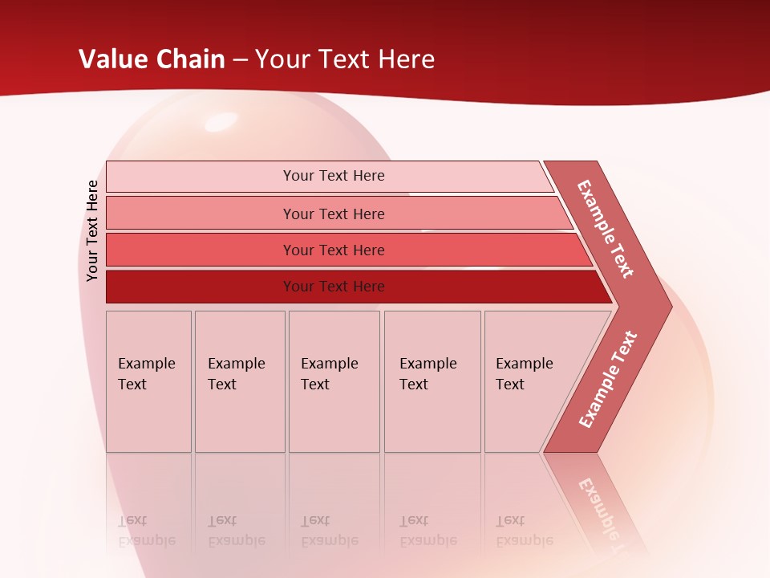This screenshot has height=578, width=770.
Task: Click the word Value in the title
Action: pyautogui.click(x=112, y=59)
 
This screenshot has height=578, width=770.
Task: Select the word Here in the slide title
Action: pyautogui.click(x=406, y=59)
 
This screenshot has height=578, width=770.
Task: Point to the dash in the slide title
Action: pyautogui.click(x=240, y=59)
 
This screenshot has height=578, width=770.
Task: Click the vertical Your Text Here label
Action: pyautogui.click(x=92, y=230)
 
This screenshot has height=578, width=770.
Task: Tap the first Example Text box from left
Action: pyautogui.click(x=148, y=381)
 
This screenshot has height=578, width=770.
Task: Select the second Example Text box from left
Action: pyautogui.click(x=240, y=381)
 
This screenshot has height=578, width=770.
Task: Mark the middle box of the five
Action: pyautogui.click(x=334, y=381)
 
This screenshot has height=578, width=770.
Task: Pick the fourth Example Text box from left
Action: pyautogui.click(x=432, y=381)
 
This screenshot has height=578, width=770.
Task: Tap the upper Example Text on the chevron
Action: pyautogui.click(x=606, y=229)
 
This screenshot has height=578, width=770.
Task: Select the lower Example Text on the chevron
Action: pyautogui.click(x=607, y=380)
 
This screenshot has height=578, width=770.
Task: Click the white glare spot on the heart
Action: pyautogui.click(x=222, y=122)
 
